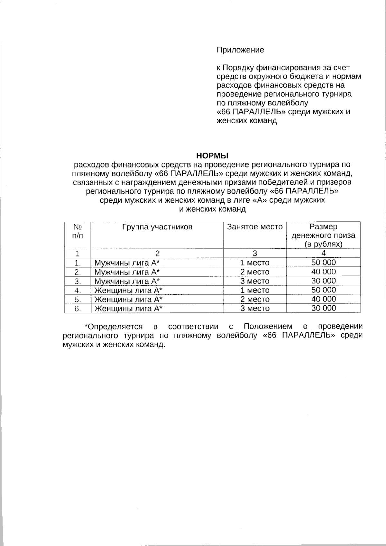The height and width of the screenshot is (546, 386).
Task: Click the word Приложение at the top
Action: [240, 50]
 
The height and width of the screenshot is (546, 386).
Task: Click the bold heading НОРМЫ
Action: [212, 156]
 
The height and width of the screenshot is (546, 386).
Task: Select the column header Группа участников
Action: [157, 227]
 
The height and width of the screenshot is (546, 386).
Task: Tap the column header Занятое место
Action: [255, 227]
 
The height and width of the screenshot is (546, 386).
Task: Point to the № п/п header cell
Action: [78, 231]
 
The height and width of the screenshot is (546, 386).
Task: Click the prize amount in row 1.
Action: [323, 263]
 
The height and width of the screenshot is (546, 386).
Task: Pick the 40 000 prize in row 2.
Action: [323, 272]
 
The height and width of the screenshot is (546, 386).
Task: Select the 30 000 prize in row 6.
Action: [323, 308]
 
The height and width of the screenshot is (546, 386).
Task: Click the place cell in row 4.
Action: [255, 290]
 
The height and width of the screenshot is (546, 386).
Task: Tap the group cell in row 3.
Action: [127, 281]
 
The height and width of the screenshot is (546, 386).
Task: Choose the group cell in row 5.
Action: [128, 300]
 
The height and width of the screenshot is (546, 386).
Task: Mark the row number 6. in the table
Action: [78, 309]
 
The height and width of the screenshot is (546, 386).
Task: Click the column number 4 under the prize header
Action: [323, 253]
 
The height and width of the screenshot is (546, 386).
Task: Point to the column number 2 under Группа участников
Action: [157, 253]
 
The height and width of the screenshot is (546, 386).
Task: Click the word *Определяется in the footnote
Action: [113, 327]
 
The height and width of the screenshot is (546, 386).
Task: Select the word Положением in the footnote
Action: [268, 327]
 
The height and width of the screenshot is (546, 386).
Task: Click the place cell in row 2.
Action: [255, 272]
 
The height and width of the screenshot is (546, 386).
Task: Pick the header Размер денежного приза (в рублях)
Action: [323, 235]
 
